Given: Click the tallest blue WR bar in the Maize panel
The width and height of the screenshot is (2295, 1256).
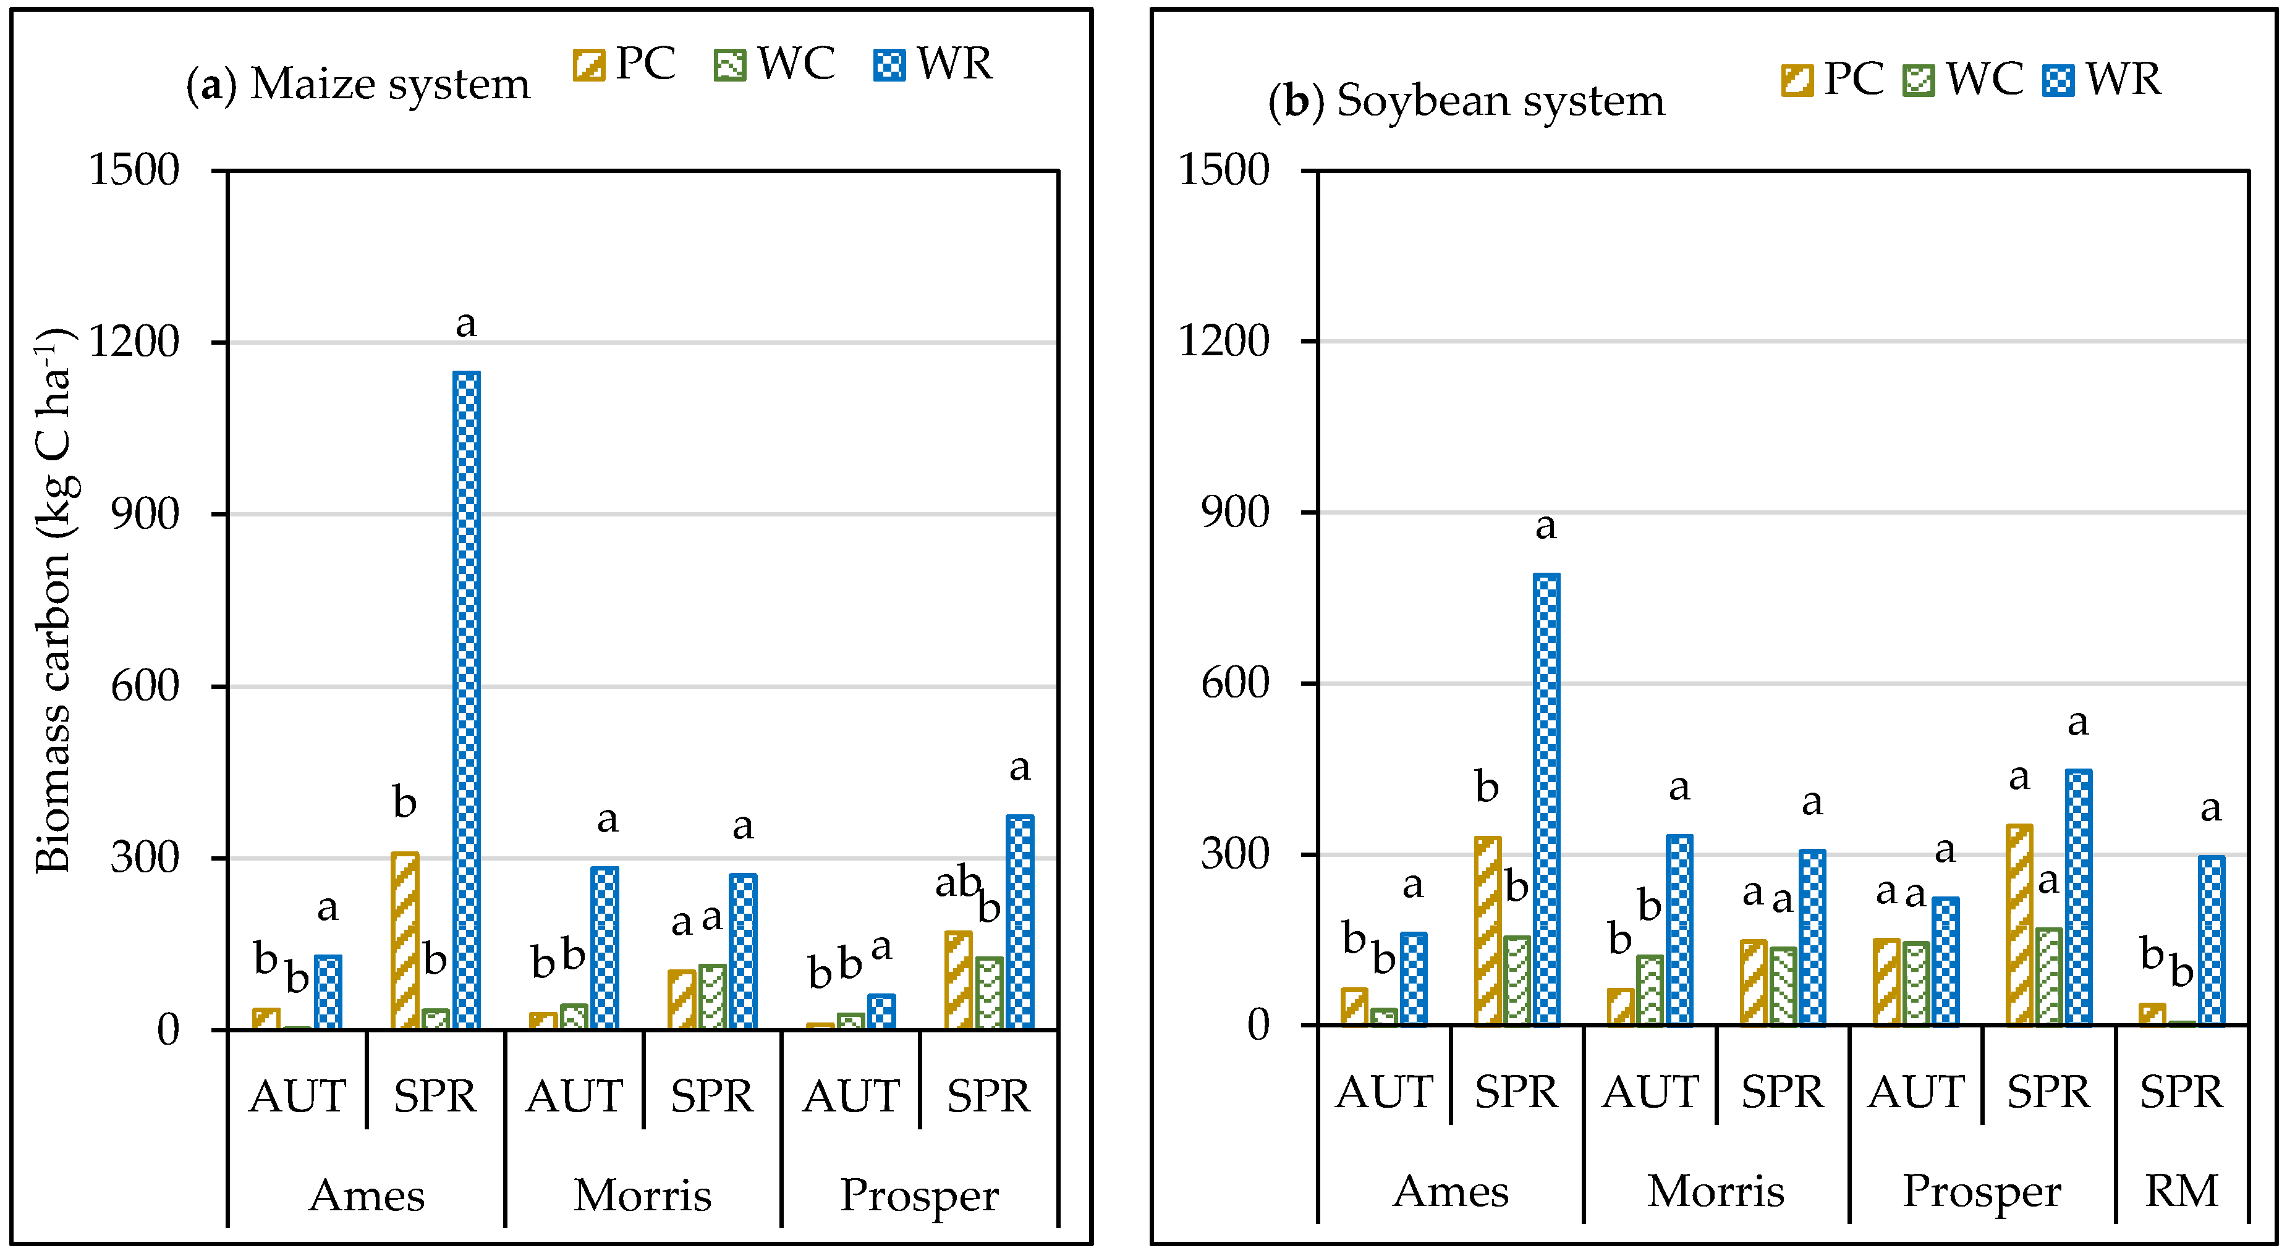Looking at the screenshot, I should [x=466, y=700].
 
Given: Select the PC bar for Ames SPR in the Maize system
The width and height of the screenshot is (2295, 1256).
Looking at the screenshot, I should [x=404, y=941].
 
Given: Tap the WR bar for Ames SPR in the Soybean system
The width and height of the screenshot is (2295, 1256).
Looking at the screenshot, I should [x=1546, y=799].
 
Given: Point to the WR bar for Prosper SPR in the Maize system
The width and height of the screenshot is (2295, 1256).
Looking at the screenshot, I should [x=1020, y=922].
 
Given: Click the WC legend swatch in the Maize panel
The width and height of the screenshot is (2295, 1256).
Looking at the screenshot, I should [x=729, y=65].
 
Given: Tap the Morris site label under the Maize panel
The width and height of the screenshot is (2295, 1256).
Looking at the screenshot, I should [x=642, y=1195].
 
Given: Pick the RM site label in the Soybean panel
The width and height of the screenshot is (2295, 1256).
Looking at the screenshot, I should [x=2181, y=1191].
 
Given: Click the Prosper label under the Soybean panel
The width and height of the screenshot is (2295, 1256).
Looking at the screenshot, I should [x=1982, y=1191].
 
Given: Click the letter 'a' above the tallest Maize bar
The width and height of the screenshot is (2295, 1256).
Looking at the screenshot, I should [x=466, y=323].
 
